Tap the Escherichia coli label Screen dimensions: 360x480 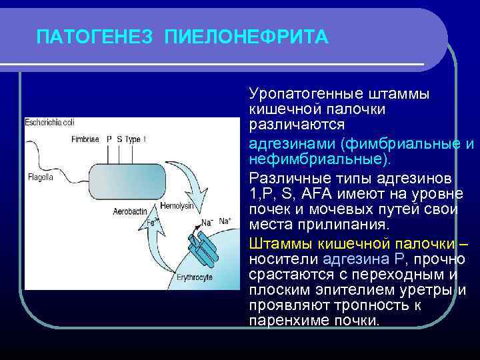[51, 123]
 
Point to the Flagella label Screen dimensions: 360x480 [41, 177]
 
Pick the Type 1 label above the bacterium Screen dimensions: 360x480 [136, 139]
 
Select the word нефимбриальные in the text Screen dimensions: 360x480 [320, 160]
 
